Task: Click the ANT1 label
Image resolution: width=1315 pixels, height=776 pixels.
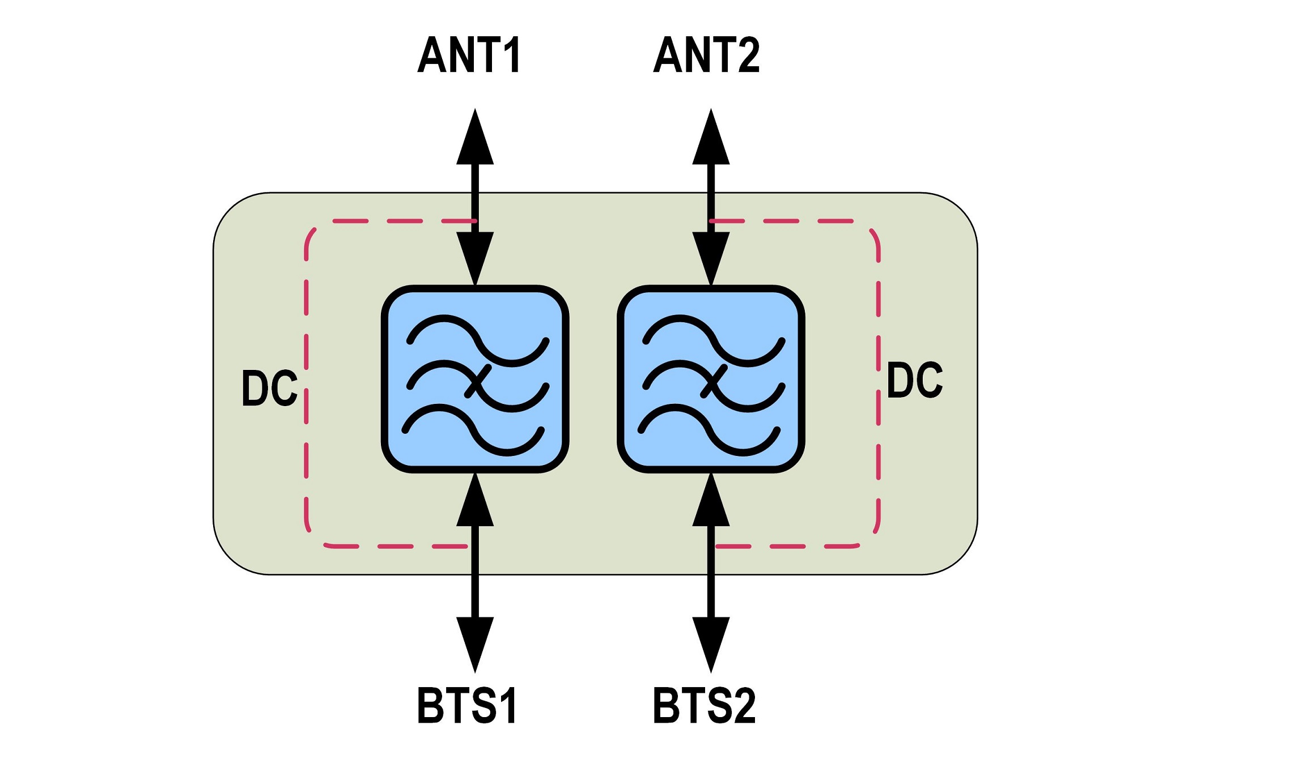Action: (469, 55)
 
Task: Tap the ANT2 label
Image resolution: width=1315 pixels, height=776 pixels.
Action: (706, 55)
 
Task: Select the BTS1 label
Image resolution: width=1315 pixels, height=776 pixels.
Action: (467, 705)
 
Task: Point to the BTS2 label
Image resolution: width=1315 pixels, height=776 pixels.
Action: (705, 705)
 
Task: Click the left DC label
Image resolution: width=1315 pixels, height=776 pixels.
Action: (269, 388)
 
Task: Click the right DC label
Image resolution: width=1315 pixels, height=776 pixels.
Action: (914, 380)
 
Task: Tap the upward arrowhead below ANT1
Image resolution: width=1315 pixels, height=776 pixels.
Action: (475, 139)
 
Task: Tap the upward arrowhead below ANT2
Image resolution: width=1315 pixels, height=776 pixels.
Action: (711, 139)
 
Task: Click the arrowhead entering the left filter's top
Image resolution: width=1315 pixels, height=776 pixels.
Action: (475, 258)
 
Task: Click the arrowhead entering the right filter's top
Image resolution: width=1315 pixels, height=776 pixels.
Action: (711, 258)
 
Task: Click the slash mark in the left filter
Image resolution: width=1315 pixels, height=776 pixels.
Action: (477, 382)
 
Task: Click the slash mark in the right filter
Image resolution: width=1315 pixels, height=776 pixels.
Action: (713, 382)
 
